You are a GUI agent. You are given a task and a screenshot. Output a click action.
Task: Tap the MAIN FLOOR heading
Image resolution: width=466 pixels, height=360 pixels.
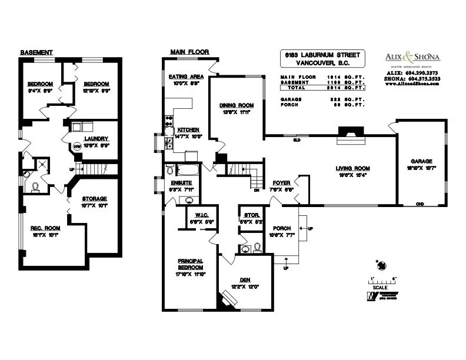[x=186, y=52]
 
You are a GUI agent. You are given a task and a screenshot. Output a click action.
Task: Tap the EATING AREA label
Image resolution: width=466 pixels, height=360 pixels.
[x=186, y=77]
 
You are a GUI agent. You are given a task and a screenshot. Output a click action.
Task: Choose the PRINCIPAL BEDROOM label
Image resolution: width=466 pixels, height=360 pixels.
[x=190, y=264]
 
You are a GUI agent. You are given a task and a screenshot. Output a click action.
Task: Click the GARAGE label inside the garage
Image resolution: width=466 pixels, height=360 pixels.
[x=421, y=161]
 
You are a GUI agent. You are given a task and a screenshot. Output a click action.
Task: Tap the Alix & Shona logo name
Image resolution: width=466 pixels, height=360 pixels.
[x=412, y=57]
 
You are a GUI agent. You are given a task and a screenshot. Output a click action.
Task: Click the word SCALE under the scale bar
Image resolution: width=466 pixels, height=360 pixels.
[x=380, y=288]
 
